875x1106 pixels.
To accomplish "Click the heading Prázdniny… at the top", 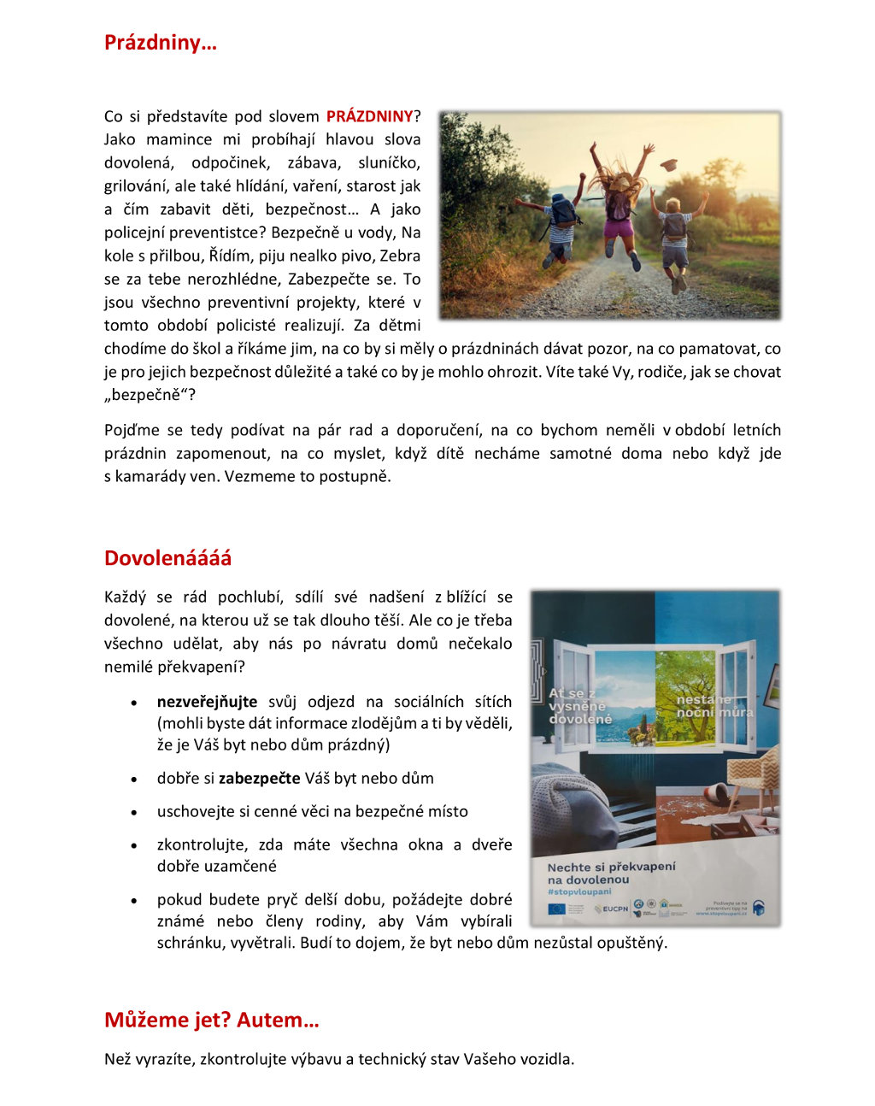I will pyautogui.click(x=160, y=43).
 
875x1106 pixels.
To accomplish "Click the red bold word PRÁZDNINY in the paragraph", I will pyautogui.click(x=369, y=116).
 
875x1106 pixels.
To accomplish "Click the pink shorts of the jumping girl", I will pyautogui.click(x=619, y=227).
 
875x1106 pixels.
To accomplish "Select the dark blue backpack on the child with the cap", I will pyautogui.click(x=563, y=211).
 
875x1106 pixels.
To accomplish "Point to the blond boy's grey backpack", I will pyautogui.click(x=675, y=226).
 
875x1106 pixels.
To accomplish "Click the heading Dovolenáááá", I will pyautogui.click(x=167, y=558).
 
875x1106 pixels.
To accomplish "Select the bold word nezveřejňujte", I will pyautogui.click(x=207, y=702).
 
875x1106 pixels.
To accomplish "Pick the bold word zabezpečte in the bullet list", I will pyautogui.click(x=259, y=778).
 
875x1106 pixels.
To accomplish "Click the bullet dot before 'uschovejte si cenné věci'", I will pyautogui.click(x=134, y=812).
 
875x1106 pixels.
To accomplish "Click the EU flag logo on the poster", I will pyautogui.click(x=556, y=909).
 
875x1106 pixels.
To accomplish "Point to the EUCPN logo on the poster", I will pyautogui.click(x=612, y=909).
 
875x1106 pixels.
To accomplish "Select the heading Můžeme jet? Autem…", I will pyautogui.click(x=211, y=1020).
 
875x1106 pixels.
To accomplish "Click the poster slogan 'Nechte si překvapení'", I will pyautogui.click(x=611, y=867).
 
